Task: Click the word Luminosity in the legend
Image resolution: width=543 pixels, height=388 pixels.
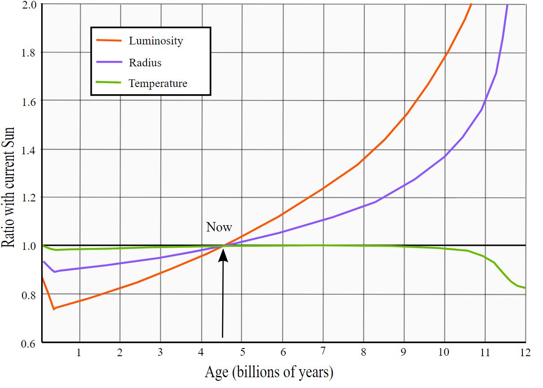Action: pos(156,41)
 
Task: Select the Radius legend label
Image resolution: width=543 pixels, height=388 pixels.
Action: pos(145,62)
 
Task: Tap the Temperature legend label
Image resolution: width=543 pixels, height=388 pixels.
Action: pos(158,83)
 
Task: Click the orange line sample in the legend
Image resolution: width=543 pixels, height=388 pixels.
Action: pos(109,40)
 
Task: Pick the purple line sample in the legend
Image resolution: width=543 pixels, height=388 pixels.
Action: pos(109,61)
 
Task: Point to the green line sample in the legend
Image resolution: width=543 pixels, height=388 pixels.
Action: pos(109,83)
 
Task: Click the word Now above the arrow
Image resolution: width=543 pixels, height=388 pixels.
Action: pos(219,227)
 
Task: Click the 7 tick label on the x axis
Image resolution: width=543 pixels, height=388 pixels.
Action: pos(322,353)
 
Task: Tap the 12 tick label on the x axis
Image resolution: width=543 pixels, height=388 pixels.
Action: pos(526,353)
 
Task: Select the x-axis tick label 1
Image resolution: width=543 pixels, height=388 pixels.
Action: pos(79,353)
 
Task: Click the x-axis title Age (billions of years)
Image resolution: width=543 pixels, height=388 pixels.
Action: pos(269,372)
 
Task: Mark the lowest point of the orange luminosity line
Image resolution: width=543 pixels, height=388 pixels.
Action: pos(54,309)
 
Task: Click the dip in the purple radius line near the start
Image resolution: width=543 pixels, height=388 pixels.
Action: pos(54,272)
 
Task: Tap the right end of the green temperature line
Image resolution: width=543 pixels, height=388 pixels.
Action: pos(525,288)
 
